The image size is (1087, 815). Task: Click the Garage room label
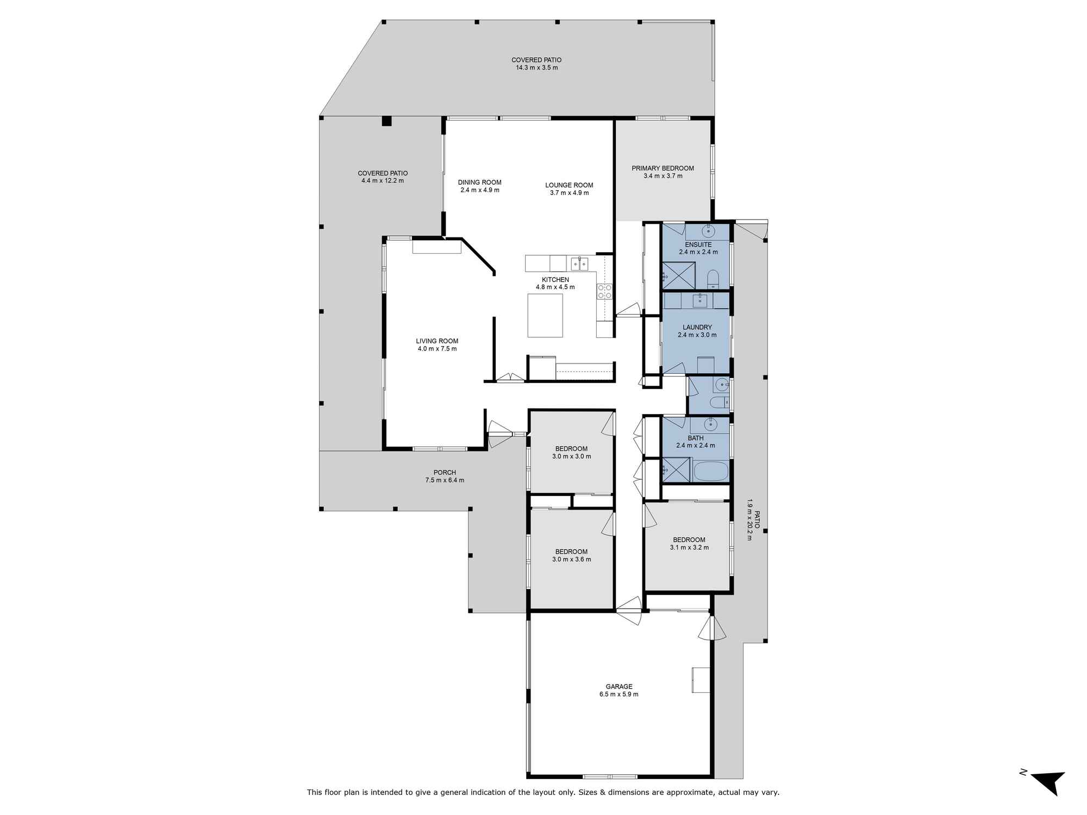pos(619,686)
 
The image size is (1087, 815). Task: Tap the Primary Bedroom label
pos(663,168)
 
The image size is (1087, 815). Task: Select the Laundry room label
pos(697,327)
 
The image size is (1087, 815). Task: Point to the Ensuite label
pos(698,244)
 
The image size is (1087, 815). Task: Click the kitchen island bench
pos(545,315)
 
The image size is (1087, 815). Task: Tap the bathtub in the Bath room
pos(711,471)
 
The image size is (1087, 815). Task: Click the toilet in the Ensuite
pos(713,279)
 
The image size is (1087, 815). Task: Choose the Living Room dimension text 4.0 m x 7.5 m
pos(437,349)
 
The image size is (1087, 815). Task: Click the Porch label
pos(445,473)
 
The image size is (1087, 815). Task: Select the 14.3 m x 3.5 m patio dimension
pos(537,68)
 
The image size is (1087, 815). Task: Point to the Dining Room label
pos(479,183)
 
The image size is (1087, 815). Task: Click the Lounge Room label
pos(569,185)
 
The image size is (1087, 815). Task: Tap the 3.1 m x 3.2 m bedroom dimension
pos(689,548)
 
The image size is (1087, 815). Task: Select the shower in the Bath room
pos(676,470)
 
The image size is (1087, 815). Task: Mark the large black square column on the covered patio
pos(386,121)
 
